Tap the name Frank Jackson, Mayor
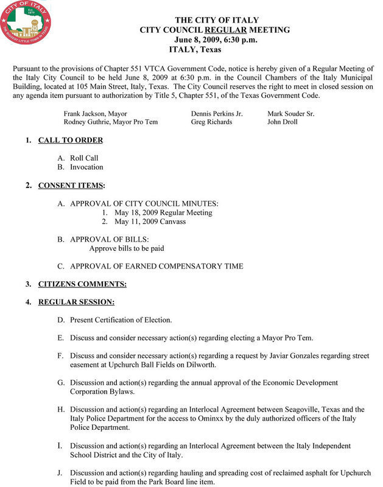pyautogui.click(x=95, y=113)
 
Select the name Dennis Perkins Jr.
pyautogui.click(x=217, y=113)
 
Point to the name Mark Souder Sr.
pyautogui.click(x=291, y=113)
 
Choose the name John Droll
pyautogui.click(x=283, y=122)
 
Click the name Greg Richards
pyautogui.click(x=211, y=122)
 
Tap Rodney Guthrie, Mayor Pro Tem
pyautogui.click(x=111, y=122)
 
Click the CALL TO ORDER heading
pyautogui.click(x=71, y=141)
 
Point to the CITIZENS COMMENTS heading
pyautogui.click(x=82, y=284)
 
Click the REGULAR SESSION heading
pyautogui.click(x=77, y=301)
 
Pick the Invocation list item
pyautogui.click(x=86, y=167)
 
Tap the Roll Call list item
pyautogui.click(x=84, y=158)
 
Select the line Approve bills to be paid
pyautogui.click(x=127, y=248)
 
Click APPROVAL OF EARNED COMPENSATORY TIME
pyautogui.click(x=156, y=266)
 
